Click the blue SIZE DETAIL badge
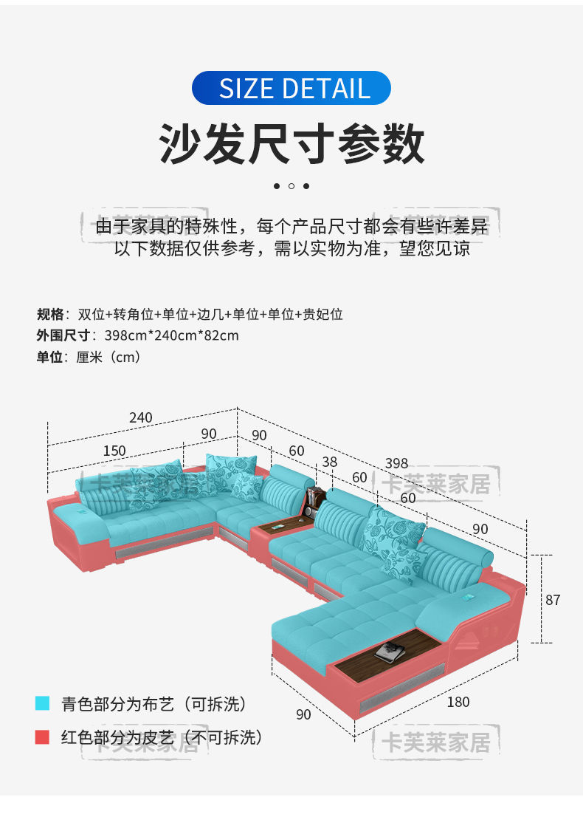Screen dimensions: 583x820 tap(291, 88)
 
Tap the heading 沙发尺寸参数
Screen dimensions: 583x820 tap(291, 143)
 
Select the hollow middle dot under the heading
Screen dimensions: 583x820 tap(291, 186)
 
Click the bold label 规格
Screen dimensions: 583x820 tap(51, 314)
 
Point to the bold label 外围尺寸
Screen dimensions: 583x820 tap(63, 335)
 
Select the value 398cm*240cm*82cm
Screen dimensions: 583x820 tap(172, 335)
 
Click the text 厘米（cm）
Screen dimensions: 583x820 tap(108, 357)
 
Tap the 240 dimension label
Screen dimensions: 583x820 tap(140, 418)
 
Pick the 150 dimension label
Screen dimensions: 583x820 tap(114, 451)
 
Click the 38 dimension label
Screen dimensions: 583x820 tap(330, 462)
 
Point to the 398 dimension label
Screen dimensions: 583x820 tap(396, 464)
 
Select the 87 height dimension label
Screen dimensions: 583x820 tap(553, 600)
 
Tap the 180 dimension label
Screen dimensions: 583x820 tap(458, 702)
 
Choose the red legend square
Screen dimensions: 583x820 tap(43, 737)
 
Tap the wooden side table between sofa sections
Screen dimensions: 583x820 tap(283, 526)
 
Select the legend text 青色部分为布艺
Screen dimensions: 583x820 tap(118, 704)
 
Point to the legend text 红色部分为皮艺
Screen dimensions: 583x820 tap(118, 737)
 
